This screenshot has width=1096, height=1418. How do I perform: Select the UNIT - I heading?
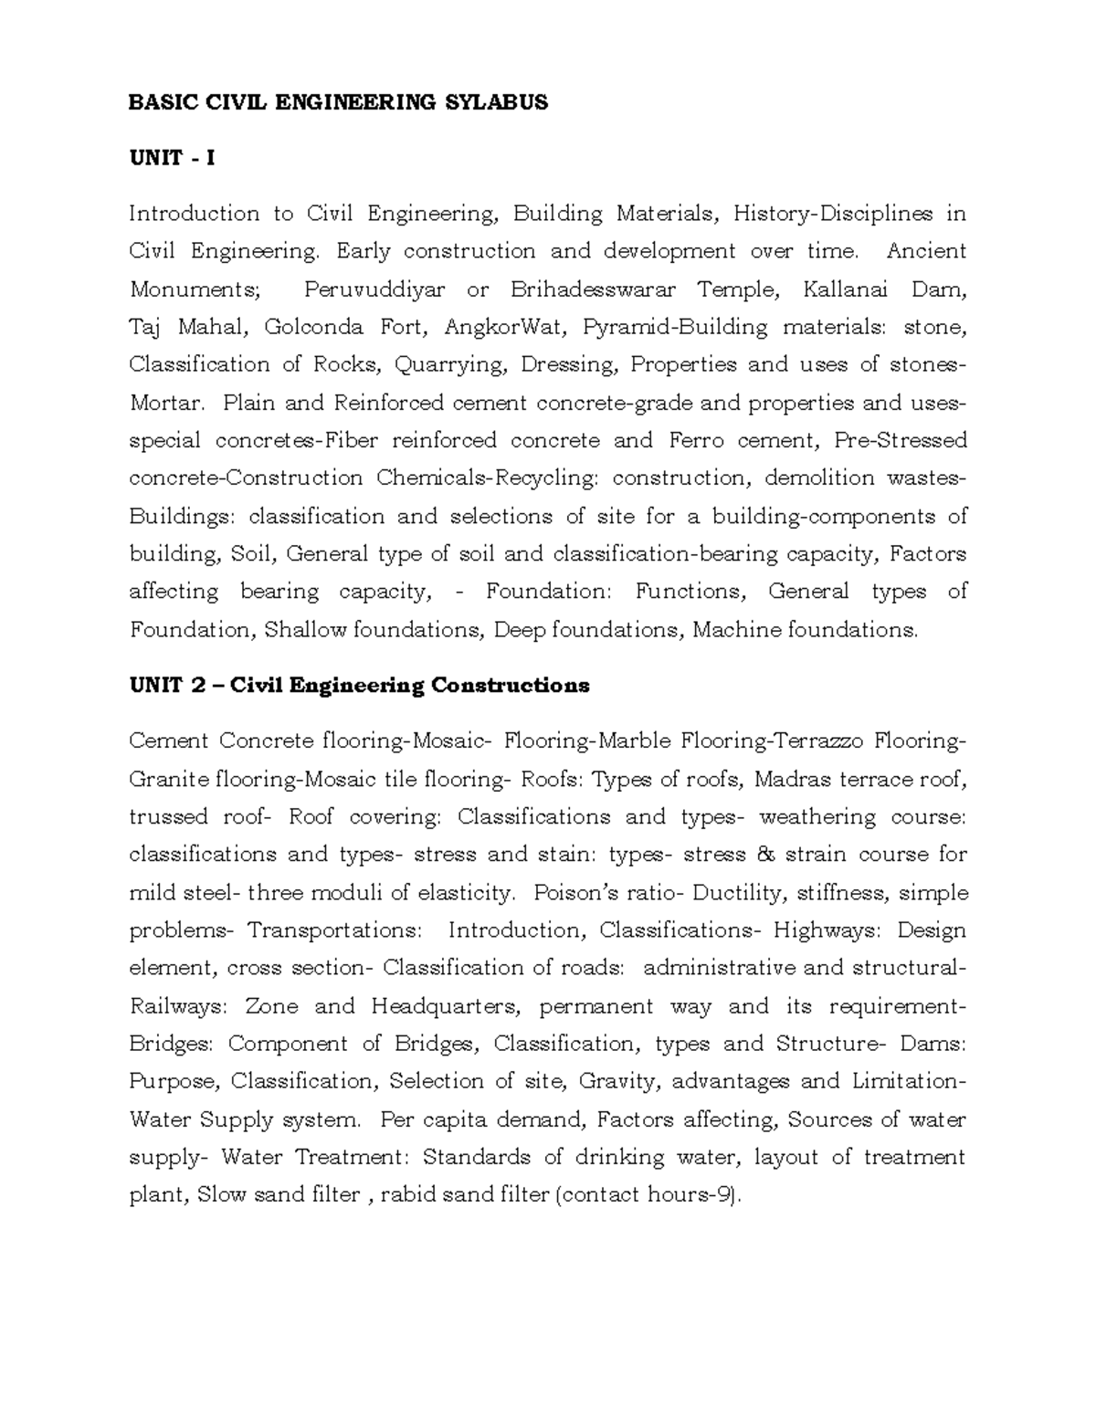pos(172,158)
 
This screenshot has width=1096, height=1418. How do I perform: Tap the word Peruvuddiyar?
pos(374,289)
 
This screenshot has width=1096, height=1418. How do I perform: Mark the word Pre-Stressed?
pos(901,441)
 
